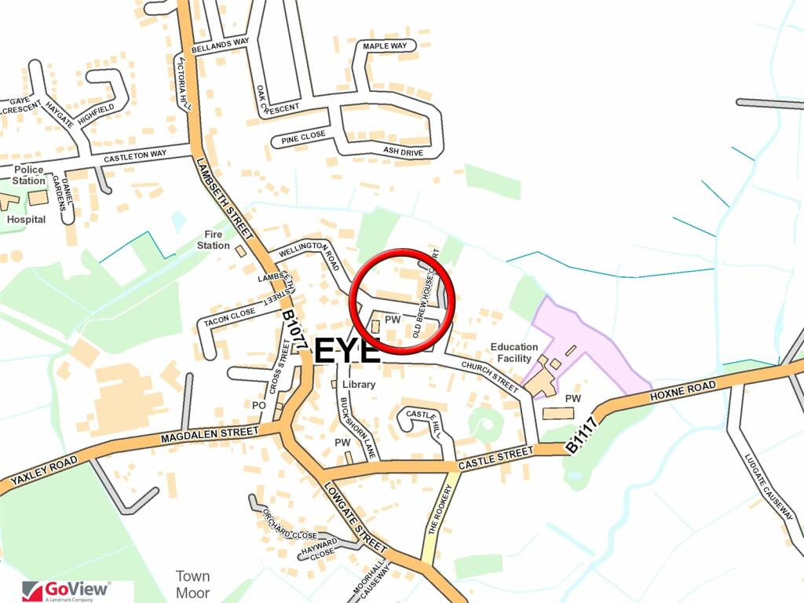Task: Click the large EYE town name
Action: click(348, 350)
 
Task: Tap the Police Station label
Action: click(29, 175)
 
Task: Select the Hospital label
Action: click(26, 220)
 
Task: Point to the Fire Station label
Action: click(214, 239)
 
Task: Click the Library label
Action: click(358, 385)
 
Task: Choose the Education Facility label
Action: click(514, 352)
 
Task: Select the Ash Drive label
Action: click(403, 151)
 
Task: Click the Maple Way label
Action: click(385, 46)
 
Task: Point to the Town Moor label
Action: click(192, 584)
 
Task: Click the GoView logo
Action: click(67, 590)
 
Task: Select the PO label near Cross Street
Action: click(259, 405)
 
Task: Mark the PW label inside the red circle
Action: click(393, 320)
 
